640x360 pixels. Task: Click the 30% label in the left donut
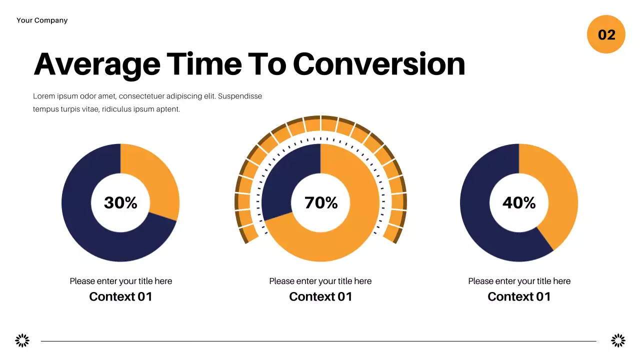[x=120, y=202]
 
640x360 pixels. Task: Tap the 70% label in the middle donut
[x=321, y=202]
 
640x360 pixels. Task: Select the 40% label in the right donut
[x=519, y=202]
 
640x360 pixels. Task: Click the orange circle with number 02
[x=606, y=34]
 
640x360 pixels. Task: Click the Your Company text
[x=42, y=20]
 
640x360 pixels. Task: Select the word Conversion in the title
[x=378, y=64]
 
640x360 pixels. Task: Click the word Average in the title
[x=97, y=64]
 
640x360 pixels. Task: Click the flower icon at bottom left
[x=22, y=341]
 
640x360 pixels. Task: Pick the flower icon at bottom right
[x=618, y=341]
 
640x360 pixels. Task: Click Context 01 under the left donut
[x=120, y=296]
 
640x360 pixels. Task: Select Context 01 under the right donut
[x=519, y=296]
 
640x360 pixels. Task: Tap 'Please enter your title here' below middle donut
[x=320, y=281]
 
